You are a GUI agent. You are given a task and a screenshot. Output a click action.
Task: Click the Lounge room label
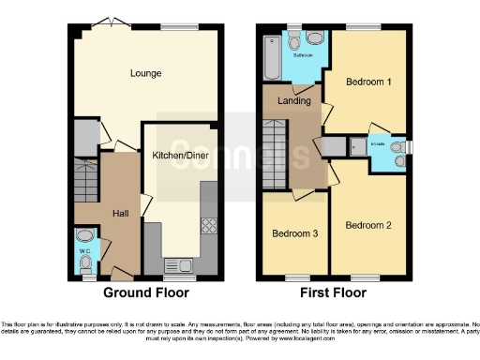point(145,73)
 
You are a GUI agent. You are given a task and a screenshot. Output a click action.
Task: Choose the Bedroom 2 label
point(367,225)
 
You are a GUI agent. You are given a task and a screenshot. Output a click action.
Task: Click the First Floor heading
point(333,292)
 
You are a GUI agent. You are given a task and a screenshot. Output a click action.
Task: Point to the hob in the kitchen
point(208,226)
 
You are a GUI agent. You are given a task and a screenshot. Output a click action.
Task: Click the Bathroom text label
point(303,55)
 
